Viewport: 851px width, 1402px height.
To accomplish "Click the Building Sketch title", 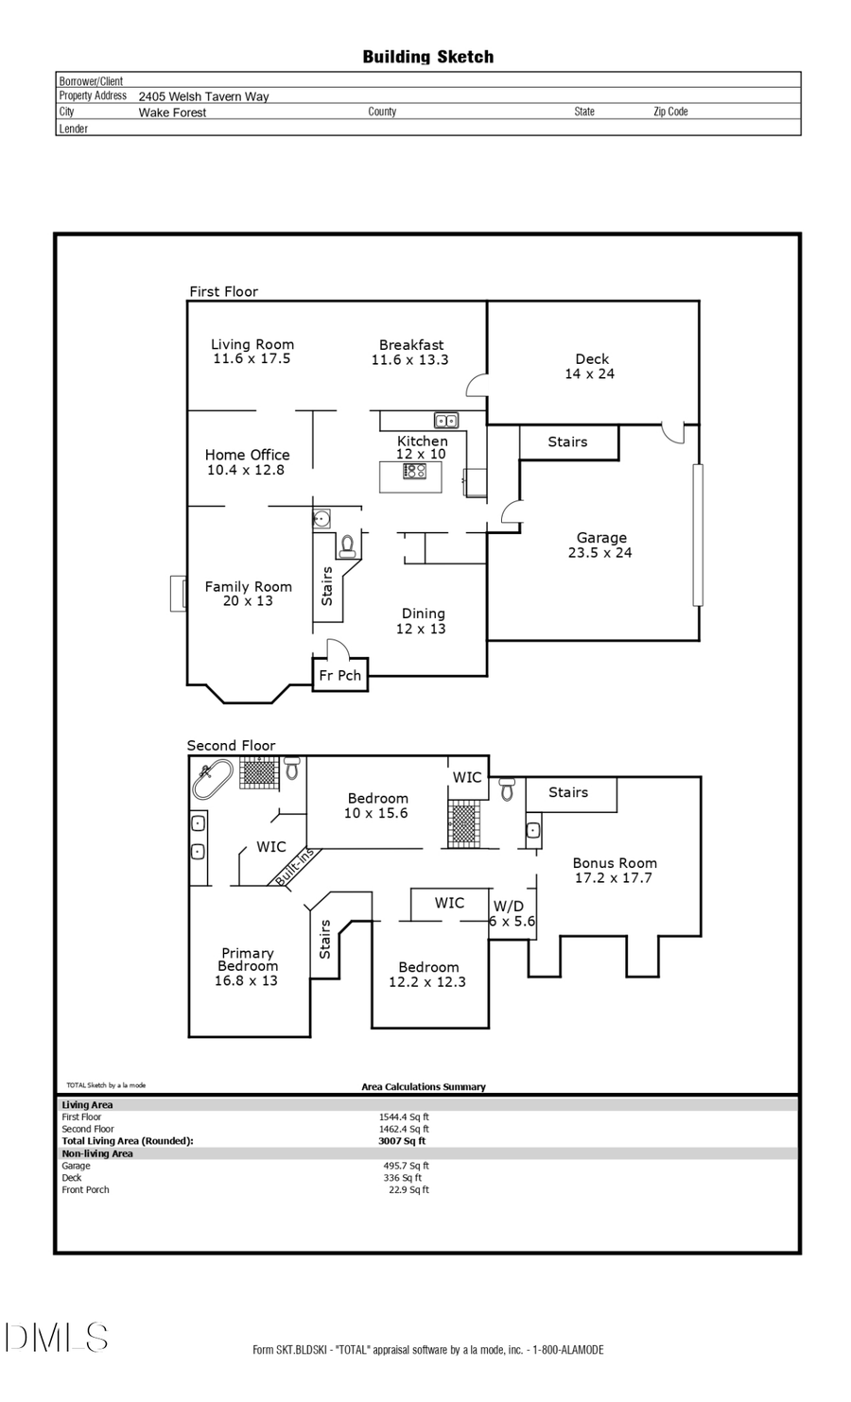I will pos(427,57).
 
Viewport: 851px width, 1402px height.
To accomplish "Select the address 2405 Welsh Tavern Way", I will pos(203,96).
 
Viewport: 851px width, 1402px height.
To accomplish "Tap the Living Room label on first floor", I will pos(252,345).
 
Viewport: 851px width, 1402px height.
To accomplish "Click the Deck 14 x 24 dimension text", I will pos(589,374).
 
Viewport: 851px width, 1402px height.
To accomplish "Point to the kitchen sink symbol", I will pos(446,421).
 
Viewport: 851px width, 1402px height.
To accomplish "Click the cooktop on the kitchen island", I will pos(414,471).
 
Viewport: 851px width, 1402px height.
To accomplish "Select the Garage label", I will pos(601,538).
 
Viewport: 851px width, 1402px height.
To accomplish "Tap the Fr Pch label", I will pos(339,676).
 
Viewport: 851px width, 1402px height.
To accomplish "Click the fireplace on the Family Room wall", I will pos(178,594).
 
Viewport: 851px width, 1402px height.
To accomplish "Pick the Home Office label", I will pos(247,455).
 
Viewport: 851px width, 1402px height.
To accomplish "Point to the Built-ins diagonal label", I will pos(294,867).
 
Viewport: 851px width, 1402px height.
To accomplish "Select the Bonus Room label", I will pos(615,863).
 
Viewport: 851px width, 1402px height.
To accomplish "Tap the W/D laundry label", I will pos(508,907).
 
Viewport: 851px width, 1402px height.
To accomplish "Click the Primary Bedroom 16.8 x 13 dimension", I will pos(246,981).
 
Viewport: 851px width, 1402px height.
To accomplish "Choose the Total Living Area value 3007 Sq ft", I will pos(402,1141).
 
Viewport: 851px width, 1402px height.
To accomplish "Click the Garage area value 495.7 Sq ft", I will pos(406,1166).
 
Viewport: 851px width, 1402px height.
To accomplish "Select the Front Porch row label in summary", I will pos(85,1190).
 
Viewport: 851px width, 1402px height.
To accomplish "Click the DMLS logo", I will pos(56,1338).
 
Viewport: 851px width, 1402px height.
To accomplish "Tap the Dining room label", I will pos(423,614).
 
